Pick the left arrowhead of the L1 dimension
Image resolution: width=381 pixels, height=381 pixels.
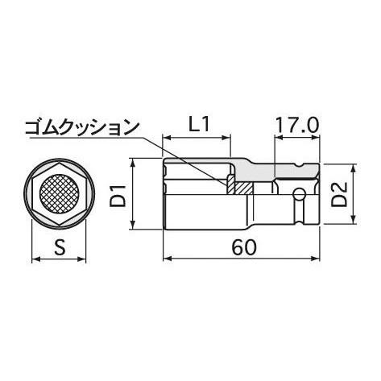[167, 136]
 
